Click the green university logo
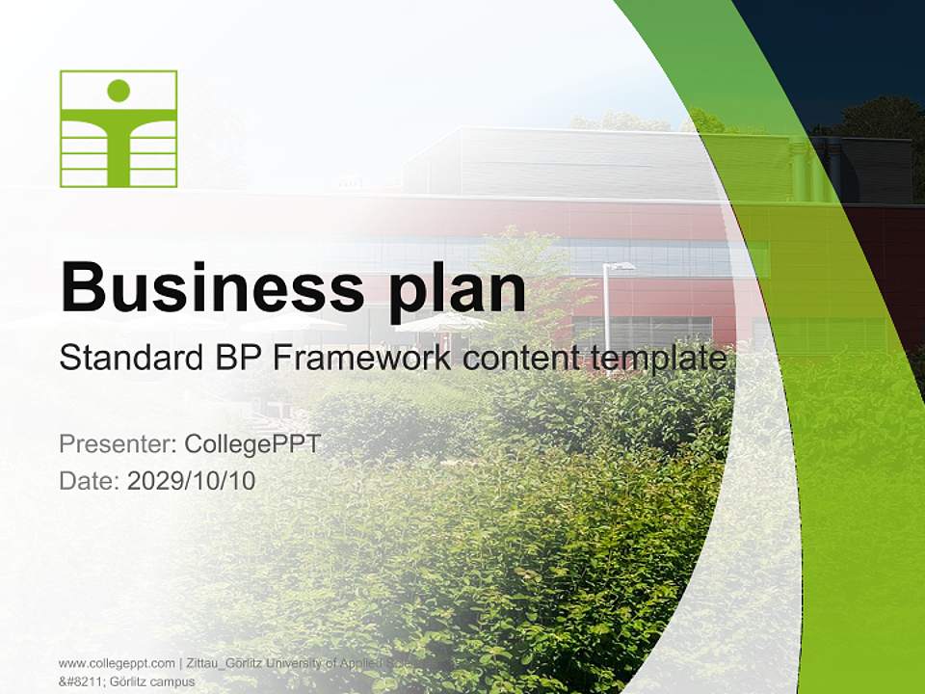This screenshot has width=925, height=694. [x=119, y=128]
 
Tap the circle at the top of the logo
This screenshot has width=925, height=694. [x=119, y=91]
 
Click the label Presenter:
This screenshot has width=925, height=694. [x=117, y=444]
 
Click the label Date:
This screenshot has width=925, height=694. [x=90, y=481]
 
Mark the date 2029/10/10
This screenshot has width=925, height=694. [x=192, y=481]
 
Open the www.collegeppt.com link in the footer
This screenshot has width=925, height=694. [x=116, y=663]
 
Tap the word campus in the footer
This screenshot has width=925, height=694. [x=166, y=681]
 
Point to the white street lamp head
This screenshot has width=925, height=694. [x=621, y=266]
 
